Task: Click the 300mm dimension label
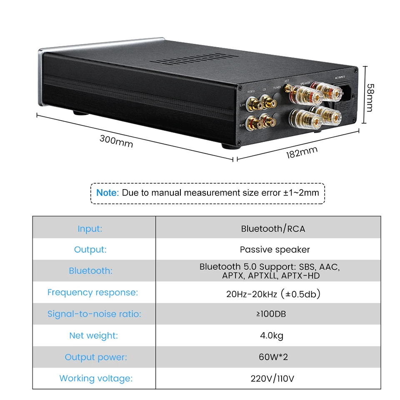(116, 141)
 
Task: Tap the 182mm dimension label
(301, 152)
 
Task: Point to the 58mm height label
(370, 97)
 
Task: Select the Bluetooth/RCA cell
(273, 228)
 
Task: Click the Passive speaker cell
(275, 250)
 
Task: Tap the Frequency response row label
(92, 292)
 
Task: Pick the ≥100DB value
(271, 314)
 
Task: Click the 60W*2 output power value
(273, 357)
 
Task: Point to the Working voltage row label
(96, 379)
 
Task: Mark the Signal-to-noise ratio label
(94, 314)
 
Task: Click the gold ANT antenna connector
(288, 88)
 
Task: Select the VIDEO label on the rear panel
(251, 91)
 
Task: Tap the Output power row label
(96, 357)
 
